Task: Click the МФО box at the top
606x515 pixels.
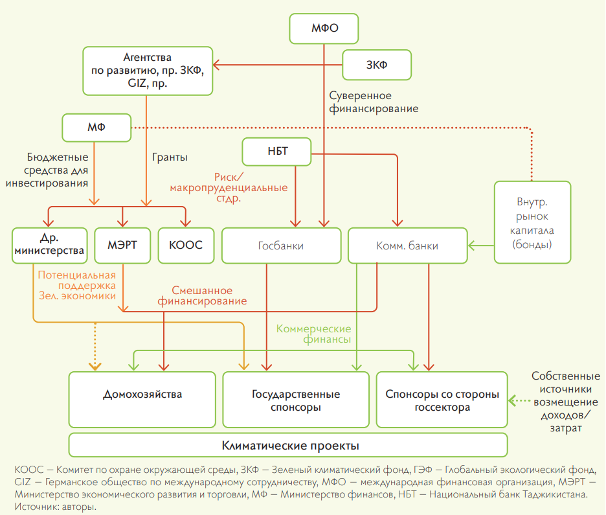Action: click(324, 29)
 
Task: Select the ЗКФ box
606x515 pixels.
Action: click(377, 65)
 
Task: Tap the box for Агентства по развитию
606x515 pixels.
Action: click(148, 71)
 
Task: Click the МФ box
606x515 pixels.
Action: click(96, 128)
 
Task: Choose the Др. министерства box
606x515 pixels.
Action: click(49, 245)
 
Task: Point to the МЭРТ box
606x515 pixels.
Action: click(122, 245)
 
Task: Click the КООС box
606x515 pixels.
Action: click(186, 245)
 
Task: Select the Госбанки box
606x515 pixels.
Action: click(280, 246)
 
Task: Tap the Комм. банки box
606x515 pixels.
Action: click(407, 246)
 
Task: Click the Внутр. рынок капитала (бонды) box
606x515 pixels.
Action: click(532, 222)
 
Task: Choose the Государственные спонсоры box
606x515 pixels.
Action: click(296, 400)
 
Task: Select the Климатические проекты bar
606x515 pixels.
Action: click(289, 446)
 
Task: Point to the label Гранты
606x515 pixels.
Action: click(170, 157)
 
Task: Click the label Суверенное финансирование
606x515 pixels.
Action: click(374, 102)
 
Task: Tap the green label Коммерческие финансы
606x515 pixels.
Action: click(313, 334)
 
